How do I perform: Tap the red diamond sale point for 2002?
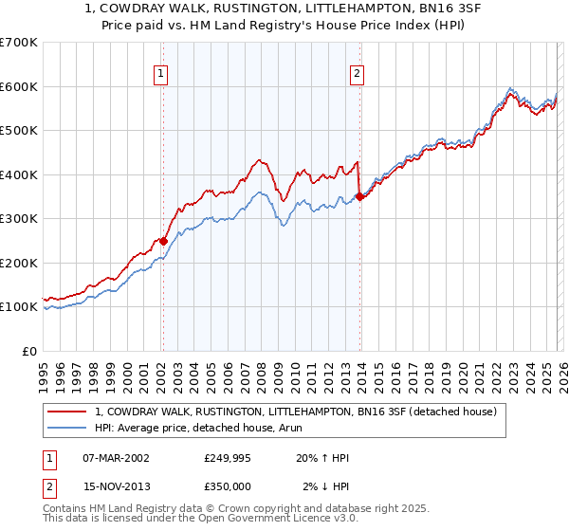163,241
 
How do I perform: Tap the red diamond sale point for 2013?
359,196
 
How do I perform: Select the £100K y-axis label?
19,307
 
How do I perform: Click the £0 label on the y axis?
28,352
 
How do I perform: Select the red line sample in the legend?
68,412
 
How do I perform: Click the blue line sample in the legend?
68,428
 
